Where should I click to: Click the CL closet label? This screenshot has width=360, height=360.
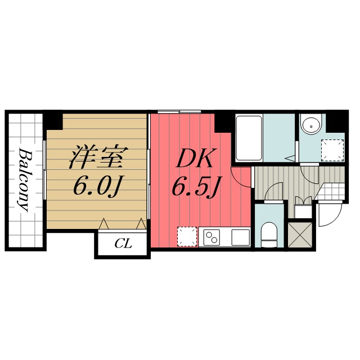(123, 244)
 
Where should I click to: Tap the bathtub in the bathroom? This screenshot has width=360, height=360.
(249, 138)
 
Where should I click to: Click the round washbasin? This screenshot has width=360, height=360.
(311, 126)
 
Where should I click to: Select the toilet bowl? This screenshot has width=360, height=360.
(269, 234)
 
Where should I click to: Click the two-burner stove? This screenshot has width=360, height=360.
(211, 237)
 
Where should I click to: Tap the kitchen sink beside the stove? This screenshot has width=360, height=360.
(240, 237)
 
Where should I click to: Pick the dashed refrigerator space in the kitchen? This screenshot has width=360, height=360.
(187, 237)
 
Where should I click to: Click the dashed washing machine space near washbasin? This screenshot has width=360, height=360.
(332, 150)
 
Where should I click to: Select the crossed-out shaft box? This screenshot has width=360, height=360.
(300, 235)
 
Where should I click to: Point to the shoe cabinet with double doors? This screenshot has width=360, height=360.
(303, 207)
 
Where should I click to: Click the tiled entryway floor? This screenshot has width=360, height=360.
(331, 191)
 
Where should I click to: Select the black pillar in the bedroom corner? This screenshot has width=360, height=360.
(54, 120)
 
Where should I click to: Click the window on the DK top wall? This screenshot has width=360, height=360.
(179, 112)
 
